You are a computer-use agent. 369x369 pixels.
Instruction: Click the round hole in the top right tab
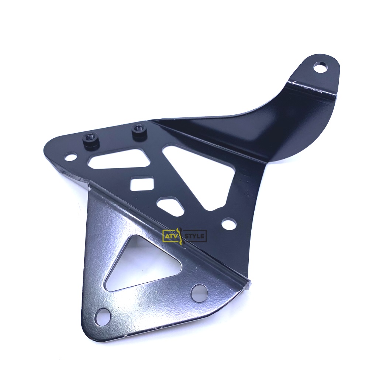pos(321,67)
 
